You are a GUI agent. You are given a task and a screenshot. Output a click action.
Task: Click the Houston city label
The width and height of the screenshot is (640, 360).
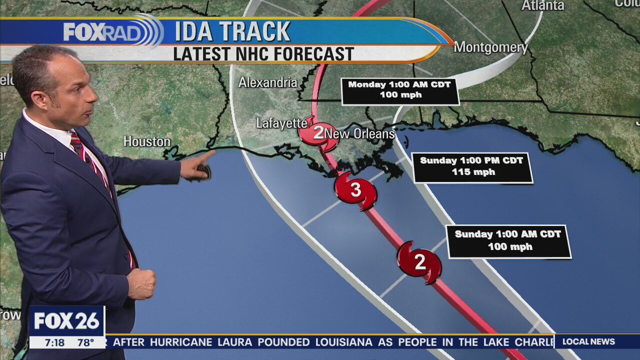pos(147,142)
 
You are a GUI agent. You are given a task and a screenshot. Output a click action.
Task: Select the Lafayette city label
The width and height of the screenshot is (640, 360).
pos(281,123)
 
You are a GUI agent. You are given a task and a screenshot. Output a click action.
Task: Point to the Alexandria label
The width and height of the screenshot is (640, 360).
pos(267,82)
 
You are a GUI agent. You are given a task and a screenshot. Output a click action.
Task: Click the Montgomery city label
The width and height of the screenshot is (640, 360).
pos(490,47)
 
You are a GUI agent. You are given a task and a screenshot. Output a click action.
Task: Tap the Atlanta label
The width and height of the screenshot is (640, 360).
pos(542,5)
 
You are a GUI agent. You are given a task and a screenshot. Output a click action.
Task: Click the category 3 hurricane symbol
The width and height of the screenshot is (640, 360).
pos(355,190)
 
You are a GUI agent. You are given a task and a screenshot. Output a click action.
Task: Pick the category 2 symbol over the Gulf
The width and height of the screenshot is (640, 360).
pos(419,262)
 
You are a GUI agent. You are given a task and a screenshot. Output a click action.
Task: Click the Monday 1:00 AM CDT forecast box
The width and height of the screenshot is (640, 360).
pos(399,90)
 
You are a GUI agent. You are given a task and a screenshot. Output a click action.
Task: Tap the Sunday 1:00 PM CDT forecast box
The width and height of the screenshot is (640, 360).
pos(471,166)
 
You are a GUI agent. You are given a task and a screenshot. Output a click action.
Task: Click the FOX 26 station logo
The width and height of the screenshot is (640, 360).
pos(67,321)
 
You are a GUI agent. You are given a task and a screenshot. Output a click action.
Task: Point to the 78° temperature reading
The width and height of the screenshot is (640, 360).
pos(85,342)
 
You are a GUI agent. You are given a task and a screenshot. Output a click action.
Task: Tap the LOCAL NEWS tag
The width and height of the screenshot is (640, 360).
pos(588,342)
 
